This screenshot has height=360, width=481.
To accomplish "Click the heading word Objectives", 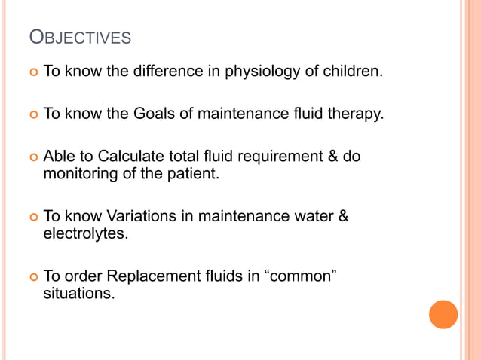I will pyautogui.click(x=79, y=37).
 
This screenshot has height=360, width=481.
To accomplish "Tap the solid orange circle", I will pyautogui.click(x=443, y=314).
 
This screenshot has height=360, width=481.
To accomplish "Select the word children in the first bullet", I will pyautogui.click(x=354, y=73).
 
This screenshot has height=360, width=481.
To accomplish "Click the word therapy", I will pyautogui.click(x=354, y=115).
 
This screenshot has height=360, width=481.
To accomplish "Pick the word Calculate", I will pyautogui.click(x=114, y=157).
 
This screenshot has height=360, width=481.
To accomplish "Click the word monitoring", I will pyautogui.click(x=79, y=174).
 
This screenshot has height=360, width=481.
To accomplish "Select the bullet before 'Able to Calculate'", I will pyautogui.click(x=32, y=158).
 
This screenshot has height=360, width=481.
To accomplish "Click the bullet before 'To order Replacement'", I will pyautogui.click(x=32, y=276).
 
